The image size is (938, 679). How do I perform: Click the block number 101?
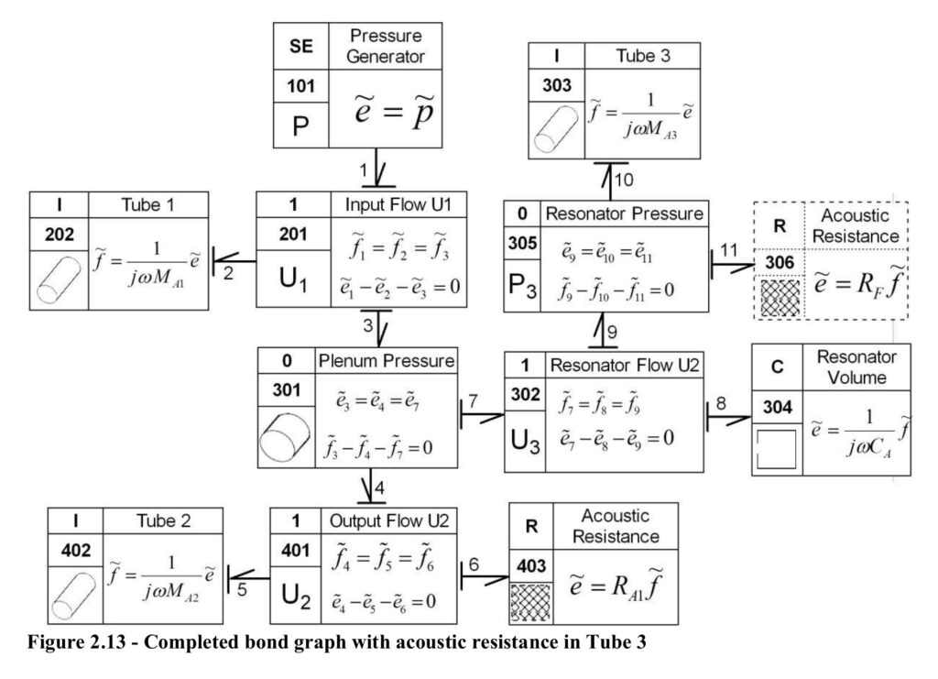coord(300,86)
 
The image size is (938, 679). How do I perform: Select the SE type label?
coord(300,46)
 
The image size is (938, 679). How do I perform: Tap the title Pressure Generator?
coord(386,46)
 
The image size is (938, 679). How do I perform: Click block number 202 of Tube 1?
coord(60,234)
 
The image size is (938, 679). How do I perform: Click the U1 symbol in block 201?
coord(293,279)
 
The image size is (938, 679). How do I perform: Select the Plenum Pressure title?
coord(386,361)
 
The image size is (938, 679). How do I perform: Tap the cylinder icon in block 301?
coord(286,438)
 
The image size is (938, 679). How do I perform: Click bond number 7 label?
coord(474,400)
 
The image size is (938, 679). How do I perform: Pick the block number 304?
coord(777,408)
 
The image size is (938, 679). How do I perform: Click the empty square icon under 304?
coord(777,448)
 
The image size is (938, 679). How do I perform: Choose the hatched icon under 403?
coord(530,602)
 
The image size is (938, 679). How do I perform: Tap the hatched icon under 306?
coord(780,297)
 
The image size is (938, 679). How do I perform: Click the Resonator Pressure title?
coord(624,214)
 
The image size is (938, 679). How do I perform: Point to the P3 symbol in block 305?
coord(522,286)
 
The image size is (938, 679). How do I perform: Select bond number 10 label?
coord(623,180)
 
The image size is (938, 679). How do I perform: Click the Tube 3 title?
coord(643,56)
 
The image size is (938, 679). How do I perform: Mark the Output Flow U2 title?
coord(389,520)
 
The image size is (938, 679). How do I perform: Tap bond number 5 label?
coord(242,590)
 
